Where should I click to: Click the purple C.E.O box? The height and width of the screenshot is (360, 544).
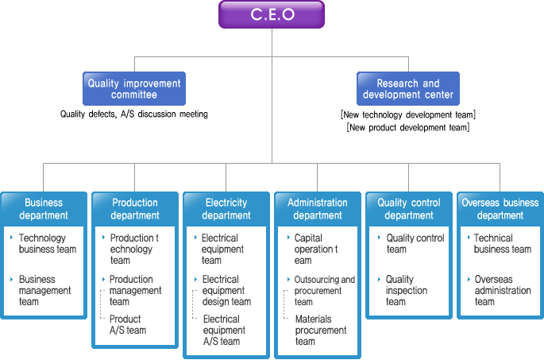[x=272, y=14]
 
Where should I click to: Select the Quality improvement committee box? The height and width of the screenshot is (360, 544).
[x=134, y=88]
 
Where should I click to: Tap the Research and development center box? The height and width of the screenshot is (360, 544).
[x=408, y=88]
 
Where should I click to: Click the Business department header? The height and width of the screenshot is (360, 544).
[x=44, y=209]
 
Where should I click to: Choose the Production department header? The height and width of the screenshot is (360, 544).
[x=135, y=209]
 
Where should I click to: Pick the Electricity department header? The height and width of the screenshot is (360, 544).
[x=226, y=209]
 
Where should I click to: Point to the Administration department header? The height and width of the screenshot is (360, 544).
[x=318, y=209]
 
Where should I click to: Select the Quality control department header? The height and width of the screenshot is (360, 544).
[x=409, y=209]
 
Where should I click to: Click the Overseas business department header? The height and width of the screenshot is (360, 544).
[x=500, y=209]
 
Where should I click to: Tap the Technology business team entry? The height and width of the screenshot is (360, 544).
[x=48, y=243]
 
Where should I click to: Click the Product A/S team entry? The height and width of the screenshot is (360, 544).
[x=128, y=324]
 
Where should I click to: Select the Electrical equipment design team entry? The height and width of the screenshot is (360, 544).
[x=226, y=290]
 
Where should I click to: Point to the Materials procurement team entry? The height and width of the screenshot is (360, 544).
[x=321, y=330]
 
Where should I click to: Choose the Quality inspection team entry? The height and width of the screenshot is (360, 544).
[x=407, y=290]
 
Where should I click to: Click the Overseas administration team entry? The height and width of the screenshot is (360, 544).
[x=503, y=290]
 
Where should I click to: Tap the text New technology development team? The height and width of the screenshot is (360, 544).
[x=408, y=114]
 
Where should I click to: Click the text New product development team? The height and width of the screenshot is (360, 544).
[x=408, y=127]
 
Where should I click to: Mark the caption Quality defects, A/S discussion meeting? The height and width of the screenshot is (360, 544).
[x=134, y=114]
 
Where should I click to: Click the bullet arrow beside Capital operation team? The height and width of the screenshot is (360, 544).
[x=288, y=238]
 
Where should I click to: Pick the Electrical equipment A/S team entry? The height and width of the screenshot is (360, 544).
[x=224, y=330]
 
